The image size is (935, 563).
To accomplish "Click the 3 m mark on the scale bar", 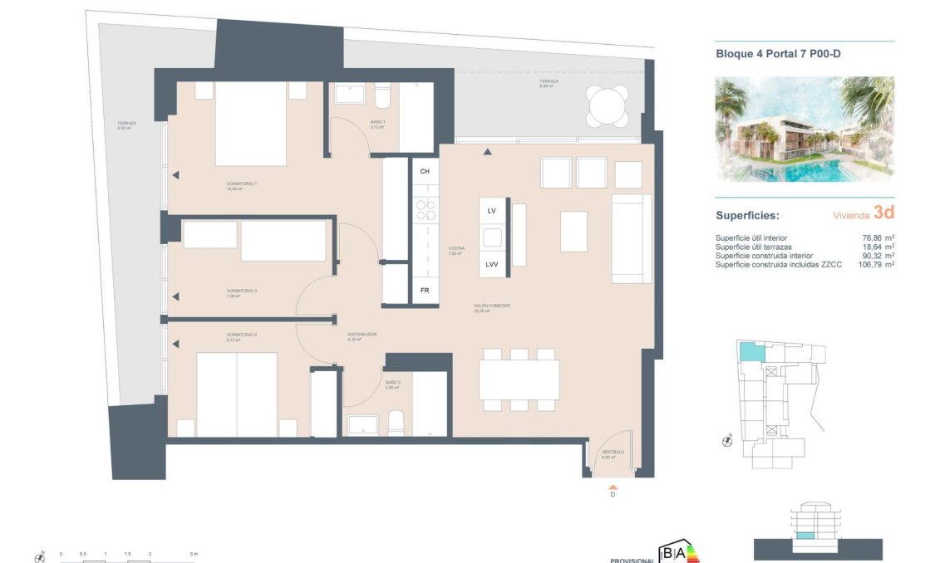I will (x=192, y=552).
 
